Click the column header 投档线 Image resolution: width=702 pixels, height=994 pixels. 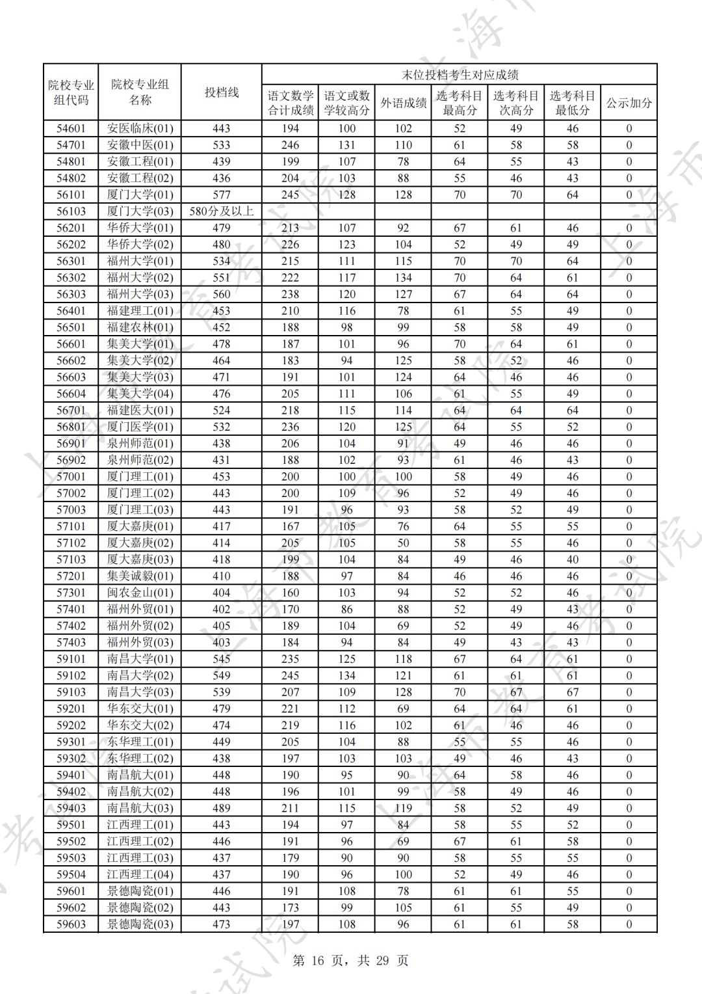pyautogui.click(x=222, y=92)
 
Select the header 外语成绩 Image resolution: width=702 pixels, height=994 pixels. pyautogui.click(x=403, y=103)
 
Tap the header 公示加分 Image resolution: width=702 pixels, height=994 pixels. pyautogui.click(x=629, y=103)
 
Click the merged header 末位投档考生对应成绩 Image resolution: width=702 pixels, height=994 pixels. pyautogui.click(x=459, y=75)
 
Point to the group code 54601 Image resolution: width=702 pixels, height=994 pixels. pyautogui.click(x=71, y=128)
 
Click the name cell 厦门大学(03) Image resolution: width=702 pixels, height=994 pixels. pyautogui.click(x=140, y=211)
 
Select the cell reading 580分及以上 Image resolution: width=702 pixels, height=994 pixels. pyautogui.click(x=222, y=211)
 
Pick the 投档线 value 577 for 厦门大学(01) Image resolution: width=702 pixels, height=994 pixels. pyautogui.click(x=222, y=195)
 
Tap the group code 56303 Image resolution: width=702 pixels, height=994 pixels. pyautogui.click(x=71, y=294)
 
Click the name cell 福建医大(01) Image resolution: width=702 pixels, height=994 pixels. pyautogui.click(x=140, y=410)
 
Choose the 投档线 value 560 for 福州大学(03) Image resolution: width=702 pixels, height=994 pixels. pyautogui.click(x=222, y=294)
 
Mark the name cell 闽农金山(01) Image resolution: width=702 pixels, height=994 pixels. pyautogui.click(x=140, y=593)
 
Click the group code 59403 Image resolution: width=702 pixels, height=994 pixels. pyautogui.click(x=71, y=808)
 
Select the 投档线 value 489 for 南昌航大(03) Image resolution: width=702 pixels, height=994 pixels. pyautogui.click(x=222, y=808)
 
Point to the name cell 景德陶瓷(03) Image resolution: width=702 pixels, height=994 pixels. pyautogui.click(x=140, y=924)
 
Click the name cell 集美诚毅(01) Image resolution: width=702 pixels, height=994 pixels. pyautogui.click(x=140, y=576)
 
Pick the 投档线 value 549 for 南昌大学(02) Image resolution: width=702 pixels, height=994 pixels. pyautogui.click(x=222, y=675)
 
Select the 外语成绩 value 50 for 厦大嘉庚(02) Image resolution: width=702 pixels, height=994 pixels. pyautogui.click(x=403, y=543)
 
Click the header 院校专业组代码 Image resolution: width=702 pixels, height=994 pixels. pyautogui.click(x=71, y=92)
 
